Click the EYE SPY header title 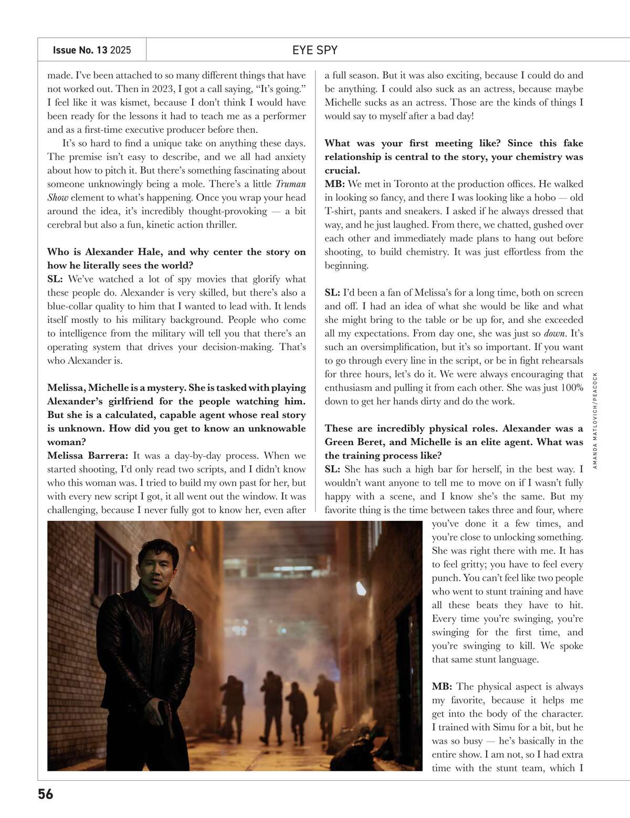tap(314, 50)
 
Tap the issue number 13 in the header tap(102, 50)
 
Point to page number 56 tap(46, 794)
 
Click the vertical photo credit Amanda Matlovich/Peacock tap(595, 420)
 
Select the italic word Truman tap(290, 184)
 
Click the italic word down tap(554, 333)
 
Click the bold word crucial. tap(342, 170)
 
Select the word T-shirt tap(341, 211)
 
